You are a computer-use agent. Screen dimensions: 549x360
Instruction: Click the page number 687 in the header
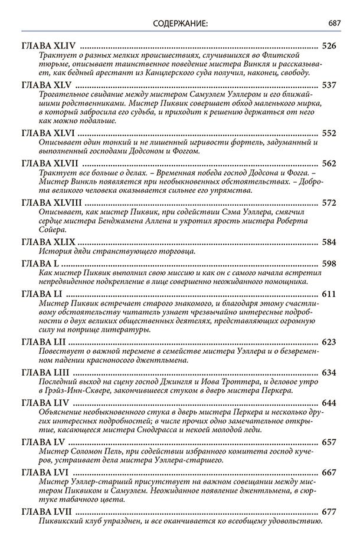(x=336, y=24)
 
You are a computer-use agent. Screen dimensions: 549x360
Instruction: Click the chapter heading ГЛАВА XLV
(x=48, y=86)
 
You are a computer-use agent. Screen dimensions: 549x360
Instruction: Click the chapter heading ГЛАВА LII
(x=47, y=342)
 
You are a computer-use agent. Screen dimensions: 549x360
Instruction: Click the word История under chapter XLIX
(x=54, y=252)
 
